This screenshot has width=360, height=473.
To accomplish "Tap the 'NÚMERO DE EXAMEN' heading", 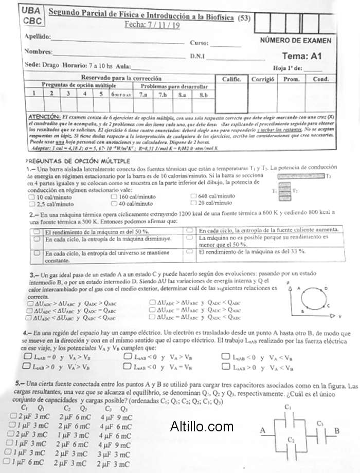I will coord(295,41).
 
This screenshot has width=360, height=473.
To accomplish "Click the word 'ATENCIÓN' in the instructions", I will coord(43,117).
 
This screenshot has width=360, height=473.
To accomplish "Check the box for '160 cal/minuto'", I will coord(114,196).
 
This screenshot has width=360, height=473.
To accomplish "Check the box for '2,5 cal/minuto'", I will coord(32,204).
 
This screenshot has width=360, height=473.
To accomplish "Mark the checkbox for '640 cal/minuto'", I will coord(194,196).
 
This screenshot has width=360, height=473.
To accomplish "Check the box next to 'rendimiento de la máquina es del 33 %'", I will coord(189,252).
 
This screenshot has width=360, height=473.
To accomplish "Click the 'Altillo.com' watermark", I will coord(202,426).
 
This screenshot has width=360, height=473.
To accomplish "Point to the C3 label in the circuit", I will coord(320,424).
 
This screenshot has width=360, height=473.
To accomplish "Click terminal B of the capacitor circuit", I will coord(336,430).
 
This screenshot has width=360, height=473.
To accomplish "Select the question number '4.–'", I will coord(27,334).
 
